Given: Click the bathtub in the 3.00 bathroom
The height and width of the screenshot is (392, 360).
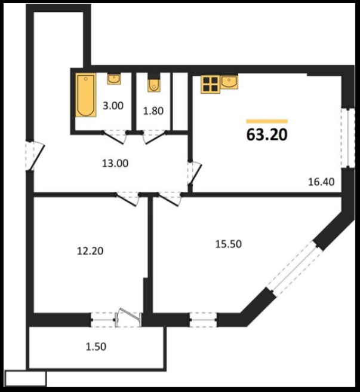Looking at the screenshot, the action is pyautogui.click(x=86, y=95).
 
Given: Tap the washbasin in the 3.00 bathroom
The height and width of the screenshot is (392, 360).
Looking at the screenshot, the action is pyautogui.click(x=114, y=79).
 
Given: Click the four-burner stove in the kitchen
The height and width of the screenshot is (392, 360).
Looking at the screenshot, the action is pyautogui.click(x=210, y=84).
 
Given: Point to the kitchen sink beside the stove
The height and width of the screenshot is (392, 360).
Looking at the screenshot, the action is pyautogui.click(x=229, y=82).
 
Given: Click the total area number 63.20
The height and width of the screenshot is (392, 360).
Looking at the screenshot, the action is pyautogui.click(x=267, y=134).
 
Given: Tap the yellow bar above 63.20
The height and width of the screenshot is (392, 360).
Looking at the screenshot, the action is pyautogui.click(x=267, y=121).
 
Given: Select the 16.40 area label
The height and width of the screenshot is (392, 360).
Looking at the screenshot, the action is pyautogui.click(x=321, y=182).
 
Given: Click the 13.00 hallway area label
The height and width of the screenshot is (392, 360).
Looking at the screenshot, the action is pyautogui.click(x=115, y=163).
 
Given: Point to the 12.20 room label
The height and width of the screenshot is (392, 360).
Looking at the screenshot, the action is pyautogui.click(x=90, y=251).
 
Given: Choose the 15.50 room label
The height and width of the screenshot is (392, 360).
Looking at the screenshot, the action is pyautogui.click(x=228, y=244).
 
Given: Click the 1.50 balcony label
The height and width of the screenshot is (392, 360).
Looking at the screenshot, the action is pyautogui.click(x=96, y=347).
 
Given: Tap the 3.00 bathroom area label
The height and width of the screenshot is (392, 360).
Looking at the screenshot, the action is pyautogui.click(x=113, y=106).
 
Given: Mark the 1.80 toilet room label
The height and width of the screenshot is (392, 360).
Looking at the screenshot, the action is pyautogui.click(x=153, y=111).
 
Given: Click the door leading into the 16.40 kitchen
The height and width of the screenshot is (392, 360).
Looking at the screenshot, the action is pyautogui.click(x=195, y=173).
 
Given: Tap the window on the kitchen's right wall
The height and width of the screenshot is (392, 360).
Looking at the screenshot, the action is pyautogui.click(x=347, y=137).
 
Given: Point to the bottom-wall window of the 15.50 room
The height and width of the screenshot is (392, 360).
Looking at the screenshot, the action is pyautogui.click(x=203, y=320).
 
